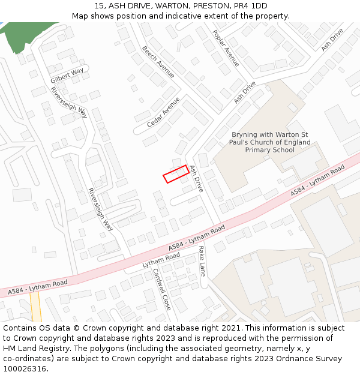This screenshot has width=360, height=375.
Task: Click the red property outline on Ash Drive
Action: (176, 174)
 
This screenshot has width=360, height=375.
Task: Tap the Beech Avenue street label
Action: (158, 62)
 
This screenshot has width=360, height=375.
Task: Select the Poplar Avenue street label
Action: (226, 48)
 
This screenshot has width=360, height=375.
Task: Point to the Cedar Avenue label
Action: (163, 112)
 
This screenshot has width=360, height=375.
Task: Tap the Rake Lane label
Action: (202, 261)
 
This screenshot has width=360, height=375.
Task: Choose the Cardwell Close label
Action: (162, 289)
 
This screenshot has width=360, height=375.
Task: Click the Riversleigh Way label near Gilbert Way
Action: (70, 103)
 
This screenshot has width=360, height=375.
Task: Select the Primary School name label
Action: (271, 142)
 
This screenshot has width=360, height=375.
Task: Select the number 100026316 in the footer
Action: (25, 369)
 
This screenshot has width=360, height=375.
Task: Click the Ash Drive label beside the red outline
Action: (196, 178)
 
